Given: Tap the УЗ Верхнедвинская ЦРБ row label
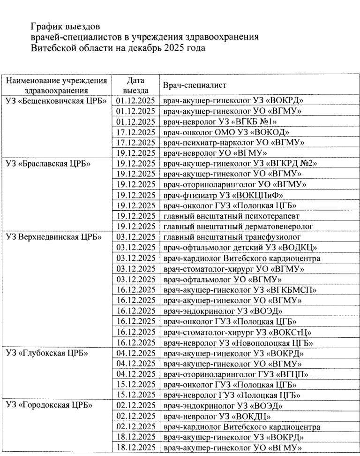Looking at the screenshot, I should click(x=53, y=237).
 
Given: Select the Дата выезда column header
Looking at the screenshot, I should click(x=135, y=85).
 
